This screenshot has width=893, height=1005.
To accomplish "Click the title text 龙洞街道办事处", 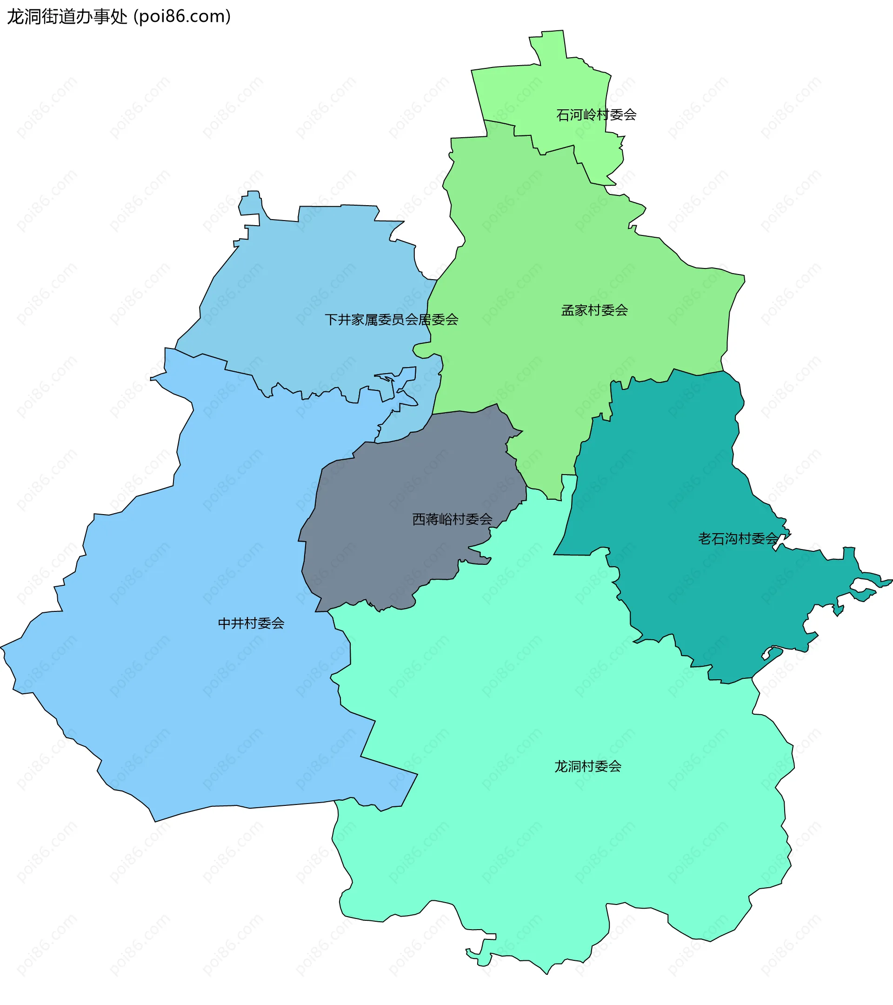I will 67,17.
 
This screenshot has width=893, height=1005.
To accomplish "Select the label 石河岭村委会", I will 596,115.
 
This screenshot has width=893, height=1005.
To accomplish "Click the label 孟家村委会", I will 594,310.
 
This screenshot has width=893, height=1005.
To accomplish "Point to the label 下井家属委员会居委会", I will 391,320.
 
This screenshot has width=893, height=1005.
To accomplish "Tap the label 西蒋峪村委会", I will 452,519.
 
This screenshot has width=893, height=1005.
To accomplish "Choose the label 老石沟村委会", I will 738,539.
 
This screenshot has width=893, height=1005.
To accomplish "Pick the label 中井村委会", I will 251,623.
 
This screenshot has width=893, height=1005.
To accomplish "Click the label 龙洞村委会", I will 587,766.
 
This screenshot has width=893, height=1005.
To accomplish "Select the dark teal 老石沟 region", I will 678,492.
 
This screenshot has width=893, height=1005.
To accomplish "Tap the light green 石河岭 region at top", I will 550,88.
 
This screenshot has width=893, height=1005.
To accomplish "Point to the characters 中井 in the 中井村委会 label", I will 231,623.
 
